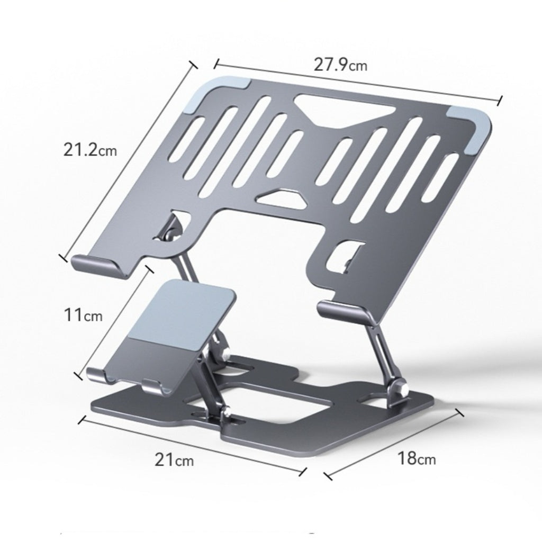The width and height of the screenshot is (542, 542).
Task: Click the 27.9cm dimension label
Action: point(340,65)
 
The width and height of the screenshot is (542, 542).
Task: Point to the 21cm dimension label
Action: point(174,459)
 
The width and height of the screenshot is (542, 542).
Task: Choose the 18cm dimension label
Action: point(417,458)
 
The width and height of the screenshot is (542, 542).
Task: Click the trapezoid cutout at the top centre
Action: point(344,109)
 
